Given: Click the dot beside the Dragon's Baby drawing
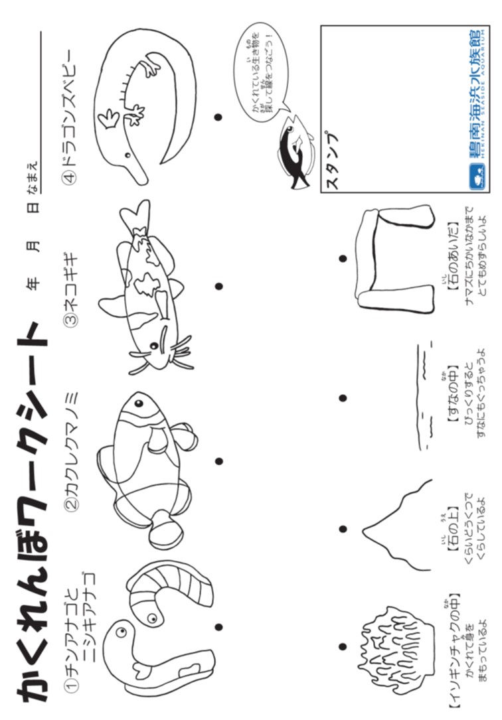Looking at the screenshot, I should pos(218,117).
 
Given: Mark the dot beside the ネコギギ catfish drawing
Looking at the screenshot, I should pos(218,286).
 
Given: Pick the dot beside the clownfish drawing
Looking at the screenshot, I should pos(218,461).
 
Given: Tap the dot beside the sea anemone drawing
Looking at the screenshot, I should pos(343,646).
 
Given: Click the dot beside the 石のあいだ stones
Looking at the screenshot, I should pos(343,258).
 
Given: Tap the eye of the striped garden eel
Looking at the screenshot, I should pos(151,618).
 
